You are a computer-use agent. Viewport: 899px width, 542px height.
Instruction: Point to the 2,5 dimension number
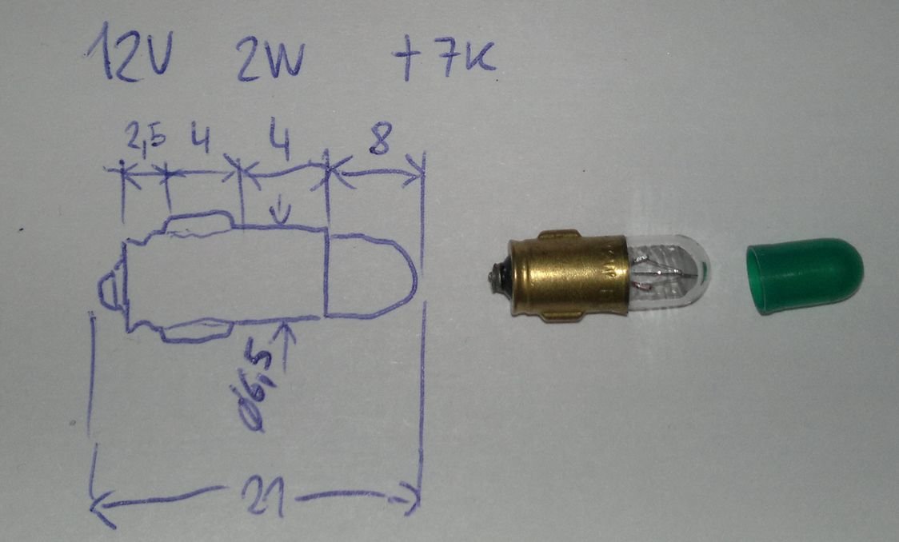146,141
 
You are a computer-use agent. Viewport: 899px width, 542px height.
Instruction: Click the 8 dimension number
380,143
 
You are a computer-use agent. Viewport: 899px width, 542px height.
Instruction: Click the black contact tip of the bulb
494,277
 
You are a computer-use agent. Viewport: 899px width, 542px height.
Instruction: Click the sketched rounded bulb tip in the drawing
372,274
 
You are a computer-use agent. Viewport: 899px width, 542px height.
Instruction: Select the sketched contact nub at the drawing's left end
110,289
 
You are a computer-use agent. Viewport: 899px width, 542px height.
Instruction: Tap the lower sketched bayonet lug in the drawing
196,329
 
